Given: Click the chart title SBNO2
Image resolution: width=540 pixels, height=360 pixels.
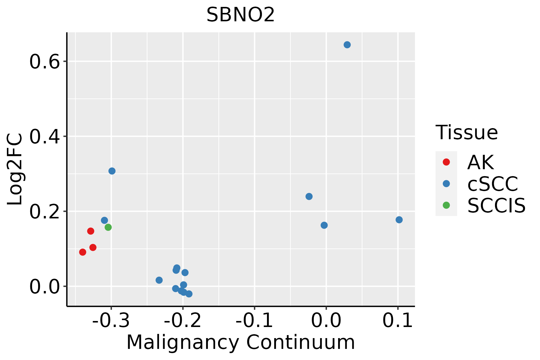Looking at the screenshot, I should pos(241,15).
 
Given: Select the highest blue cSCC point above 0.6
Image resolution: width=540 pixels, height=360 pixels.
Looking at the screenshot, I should pos(347,45).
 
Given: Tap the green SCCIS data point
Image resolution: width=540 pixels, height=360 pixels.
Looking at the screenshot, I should pos(108,227).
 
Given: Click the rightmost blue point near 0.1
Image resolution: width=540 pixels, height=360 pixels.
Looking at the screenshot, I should pos(399,220).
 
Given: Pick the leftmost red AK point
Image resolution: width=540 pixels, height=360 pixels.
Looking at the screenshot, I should pos(82,252).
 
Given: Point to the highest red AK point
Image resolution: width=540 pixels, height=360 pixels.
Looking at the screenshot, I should pos(91,231).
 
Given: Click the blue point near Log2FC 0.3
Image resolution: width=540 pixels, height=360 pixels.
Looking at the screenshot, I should pos(112,171).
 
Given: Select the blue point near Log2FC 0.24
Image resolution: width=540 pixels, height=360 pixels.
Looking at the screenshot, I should pos(309,196).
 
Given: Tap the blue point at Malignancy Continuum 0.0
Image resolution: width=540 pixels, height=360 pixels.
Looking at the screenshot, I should pos(324,225).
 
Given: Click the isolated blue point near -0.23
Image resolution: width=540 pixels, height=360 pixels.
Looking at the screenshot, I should pos(159,280).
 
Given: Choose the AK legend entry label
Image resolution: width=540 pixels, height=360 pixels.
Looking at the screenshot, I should pos(480,163).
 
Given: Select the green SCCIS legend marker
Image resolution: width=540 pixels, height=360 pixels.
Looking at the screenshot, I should pos(446,205).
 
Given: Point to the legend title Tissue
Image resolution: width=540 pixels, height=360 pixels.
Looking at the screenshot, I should pos(466,133).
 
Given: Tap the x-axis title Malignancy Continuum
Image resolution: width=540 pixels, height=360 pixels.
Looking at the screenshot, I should pos(241,343).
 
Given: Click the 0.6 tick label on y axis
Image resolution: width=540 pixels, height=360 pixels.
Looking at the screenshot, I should pos(44,62).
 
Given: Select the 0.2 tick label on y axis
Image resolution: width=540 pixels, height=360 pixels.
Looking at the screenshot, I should pos(44,212).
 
